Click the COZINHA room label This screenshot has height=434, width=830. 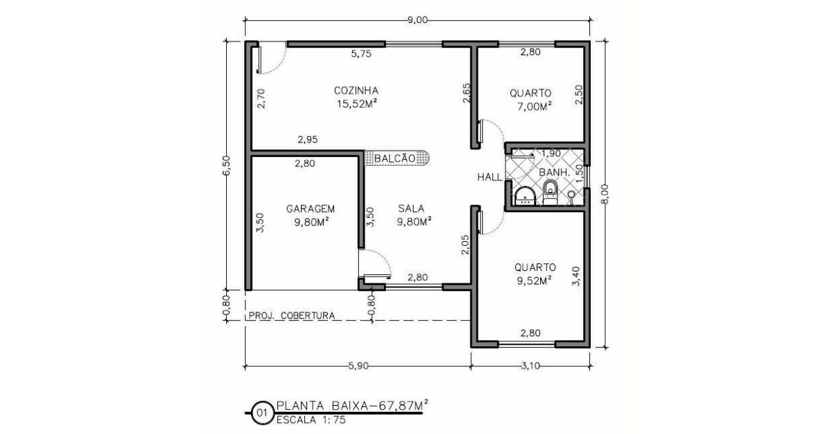356,91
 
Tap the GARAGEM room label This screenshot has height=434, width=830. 311,209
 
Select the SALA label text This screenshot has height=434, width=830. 412,209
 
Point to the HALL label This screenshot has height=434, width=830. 490,178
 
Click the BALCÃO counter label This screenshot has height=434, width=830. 395,158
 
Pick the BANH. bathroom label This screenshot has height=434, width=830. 554,173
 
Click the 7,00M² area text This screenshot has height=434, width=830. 534,106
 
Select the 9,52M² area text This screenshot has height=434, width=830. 534,281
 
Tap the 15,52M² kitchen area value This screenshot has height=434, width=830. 357,104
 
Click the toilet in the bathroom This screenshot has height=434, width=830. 550,193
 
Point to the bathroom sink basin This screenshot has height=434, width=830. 525,196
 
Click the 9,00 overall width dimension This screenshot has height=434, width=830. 418,20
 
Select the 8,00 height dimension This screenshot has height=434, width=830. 605,194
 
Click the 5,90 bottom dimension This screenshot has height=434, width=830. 358,366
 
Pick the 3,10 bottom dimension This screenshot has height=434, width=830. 531,366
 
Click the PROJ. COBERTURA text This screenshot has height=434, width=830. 292,316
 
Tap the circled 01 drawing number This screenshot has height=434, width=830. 262,413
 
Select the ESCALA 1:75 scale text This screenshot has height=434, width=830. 311,420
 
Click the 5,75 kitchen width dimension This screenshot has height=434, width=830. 361,54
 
